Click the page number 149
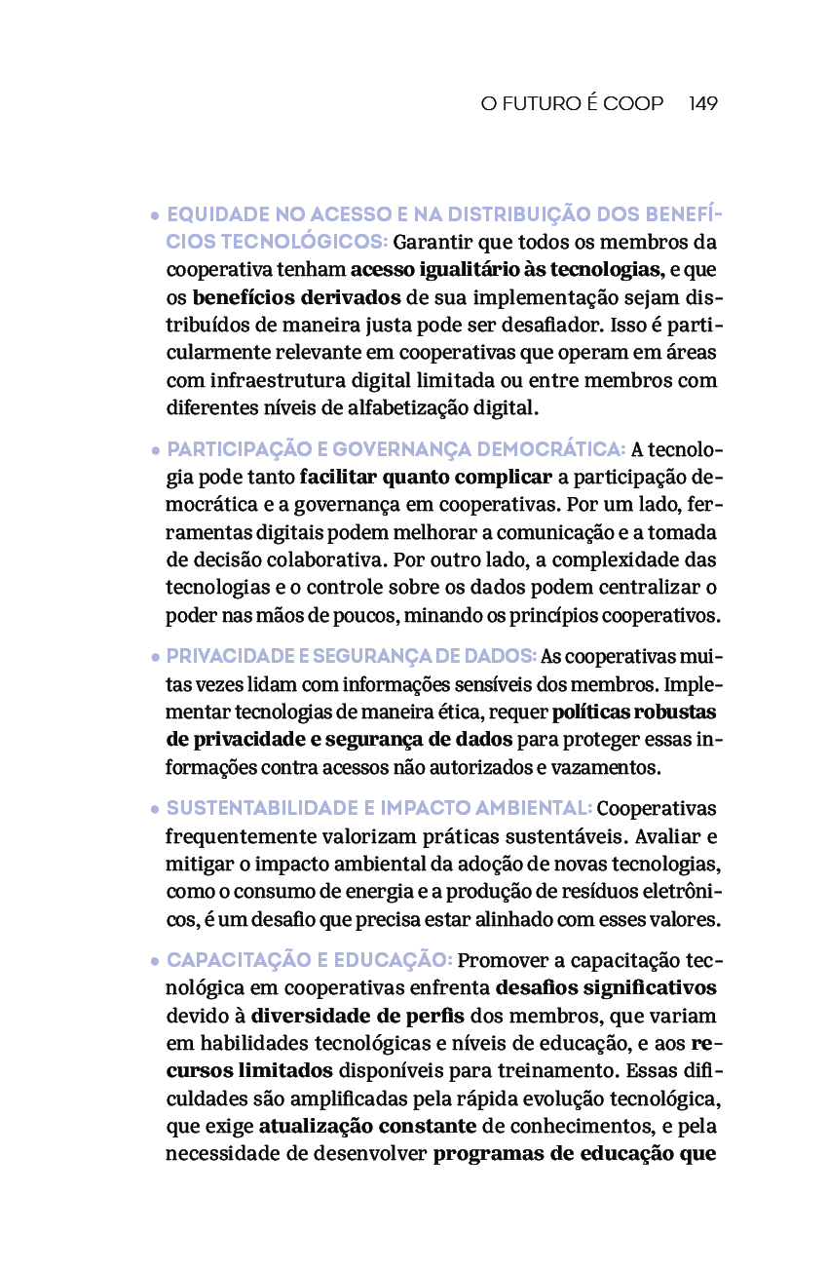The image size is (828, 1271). (702, 104)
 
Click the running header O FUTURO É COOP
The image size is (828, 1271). (572, 104)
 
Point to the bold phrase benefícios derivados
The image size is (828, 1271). (296, 296)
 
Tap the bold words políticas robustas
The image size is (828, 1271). (634, 712)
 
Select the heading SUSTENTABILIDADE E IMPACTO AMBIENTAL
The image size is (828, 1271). (379, 808)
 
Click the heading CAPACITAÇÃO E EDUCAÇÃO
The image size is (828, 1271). (309, 960)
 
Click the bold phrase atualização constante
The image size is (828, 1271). (367, 1127)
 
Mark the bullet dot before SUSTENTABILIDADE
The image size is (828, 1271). (156, 809)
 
